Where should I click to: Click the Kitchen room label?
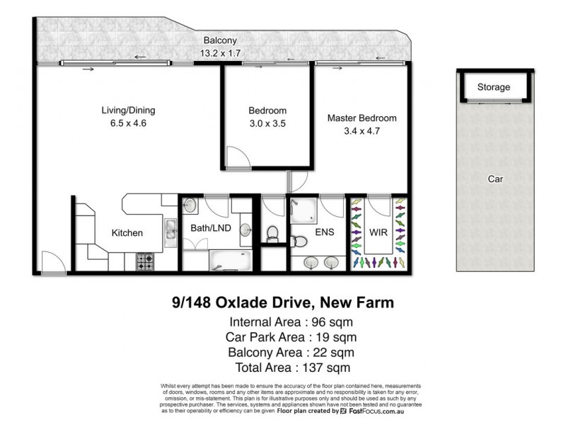click(127, 232)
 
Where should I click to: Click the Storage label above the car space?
click(493, 87)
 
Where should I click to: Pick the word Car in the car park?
click(495, 179)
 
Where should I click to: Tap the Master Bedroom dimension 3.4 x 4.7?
click(361, 131)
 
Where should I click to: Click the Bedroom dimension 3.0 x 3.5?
click(267, 123)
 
